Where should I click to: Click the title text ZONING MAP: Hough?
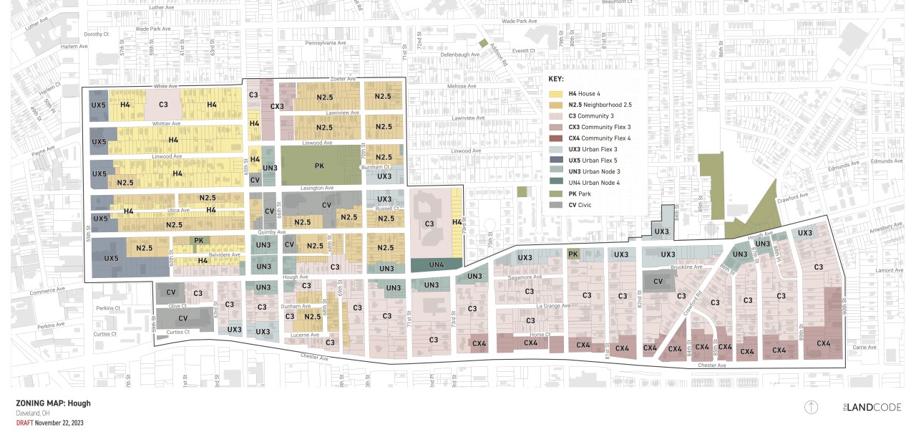coord(53,403)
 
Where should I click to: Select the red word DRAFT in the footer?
coord(24,423)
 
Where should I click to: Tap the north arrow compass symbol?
coord(811,407)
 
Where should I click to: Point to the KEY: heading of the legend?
coord(556,80)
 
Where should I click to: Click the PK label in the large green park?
coord(318,166)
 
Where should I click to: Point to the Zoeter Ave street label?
coord(343,78)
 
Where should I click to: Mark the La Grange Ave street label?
coord(553,306)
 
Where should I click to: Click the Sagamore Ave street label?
coord(525,277)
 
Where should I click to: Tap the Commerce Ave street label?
coord(47,292)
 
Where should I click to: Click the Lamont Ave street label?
coord(889,270)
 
